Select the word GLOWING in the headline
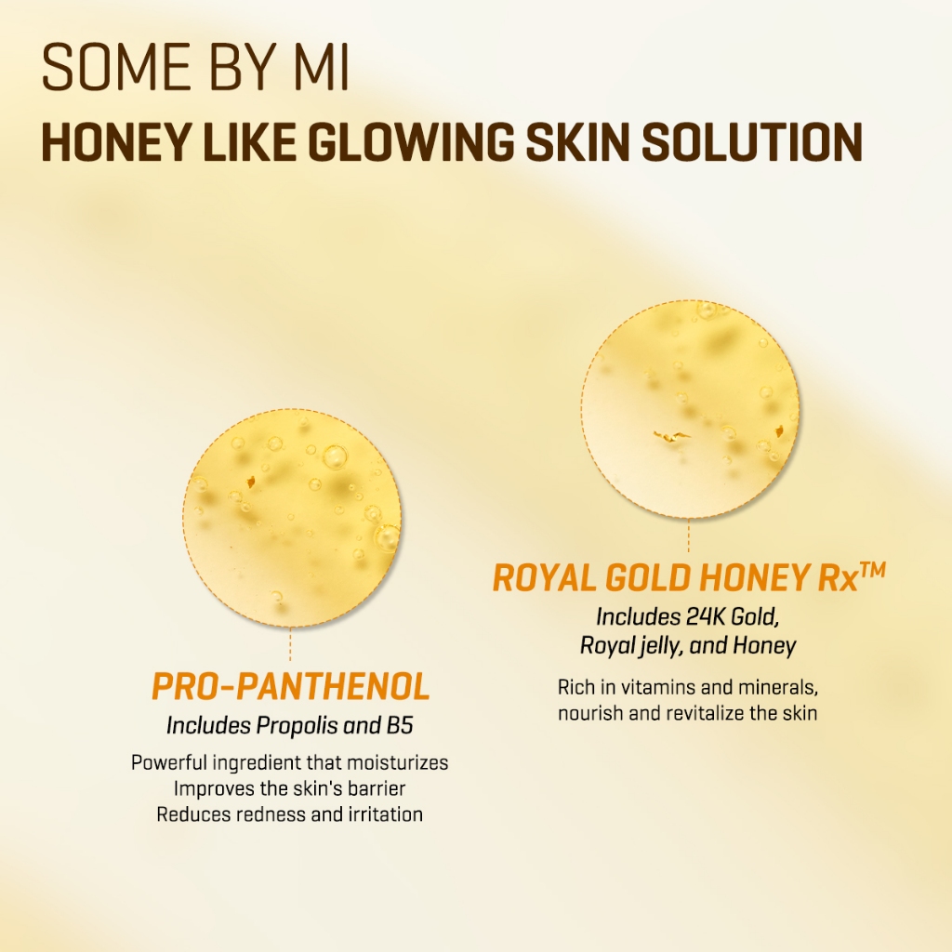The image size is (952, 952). [410, 142]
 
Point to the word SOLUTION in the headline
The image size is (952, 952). [752, 142]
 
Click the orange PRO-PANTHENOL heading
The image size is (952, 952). [290, 687]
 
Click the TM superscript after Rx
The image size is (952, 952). [873, 570]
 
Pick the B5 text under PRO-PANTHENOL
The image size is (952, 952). [400, 725]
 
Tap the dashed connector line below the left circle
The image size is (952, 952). [290, 643]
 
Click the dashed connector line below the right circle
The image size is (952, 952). [689, 535]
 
